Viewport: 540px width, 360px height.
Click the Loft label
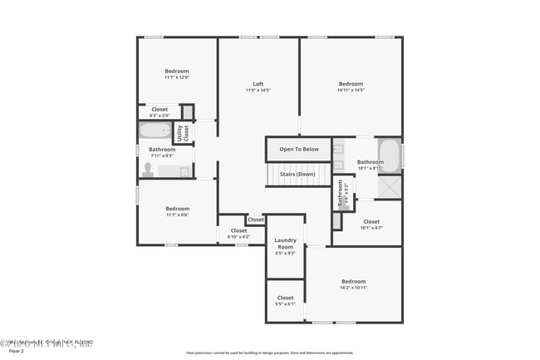[x=258, y=84]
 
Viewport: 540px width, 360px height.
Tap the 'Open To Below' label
[x=298, y=150]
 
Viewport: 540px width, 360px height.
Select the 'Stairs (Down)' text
[x=297, y=175]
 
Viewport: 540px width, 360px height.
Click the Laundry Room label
[x=285, y=244]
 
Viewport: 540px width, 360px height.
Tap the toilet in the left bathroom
[x=148, y=170]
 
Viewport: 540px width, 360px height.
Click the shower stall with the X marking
[x=390, y=187]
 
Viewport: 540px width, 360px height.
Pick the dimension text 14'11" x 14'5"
[x=351, y=90]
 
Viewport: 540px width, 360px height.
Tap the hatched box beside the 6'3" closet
[x=188, y=111]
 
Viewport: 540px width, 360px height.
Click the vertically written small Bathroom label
[x=341, y=195]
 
